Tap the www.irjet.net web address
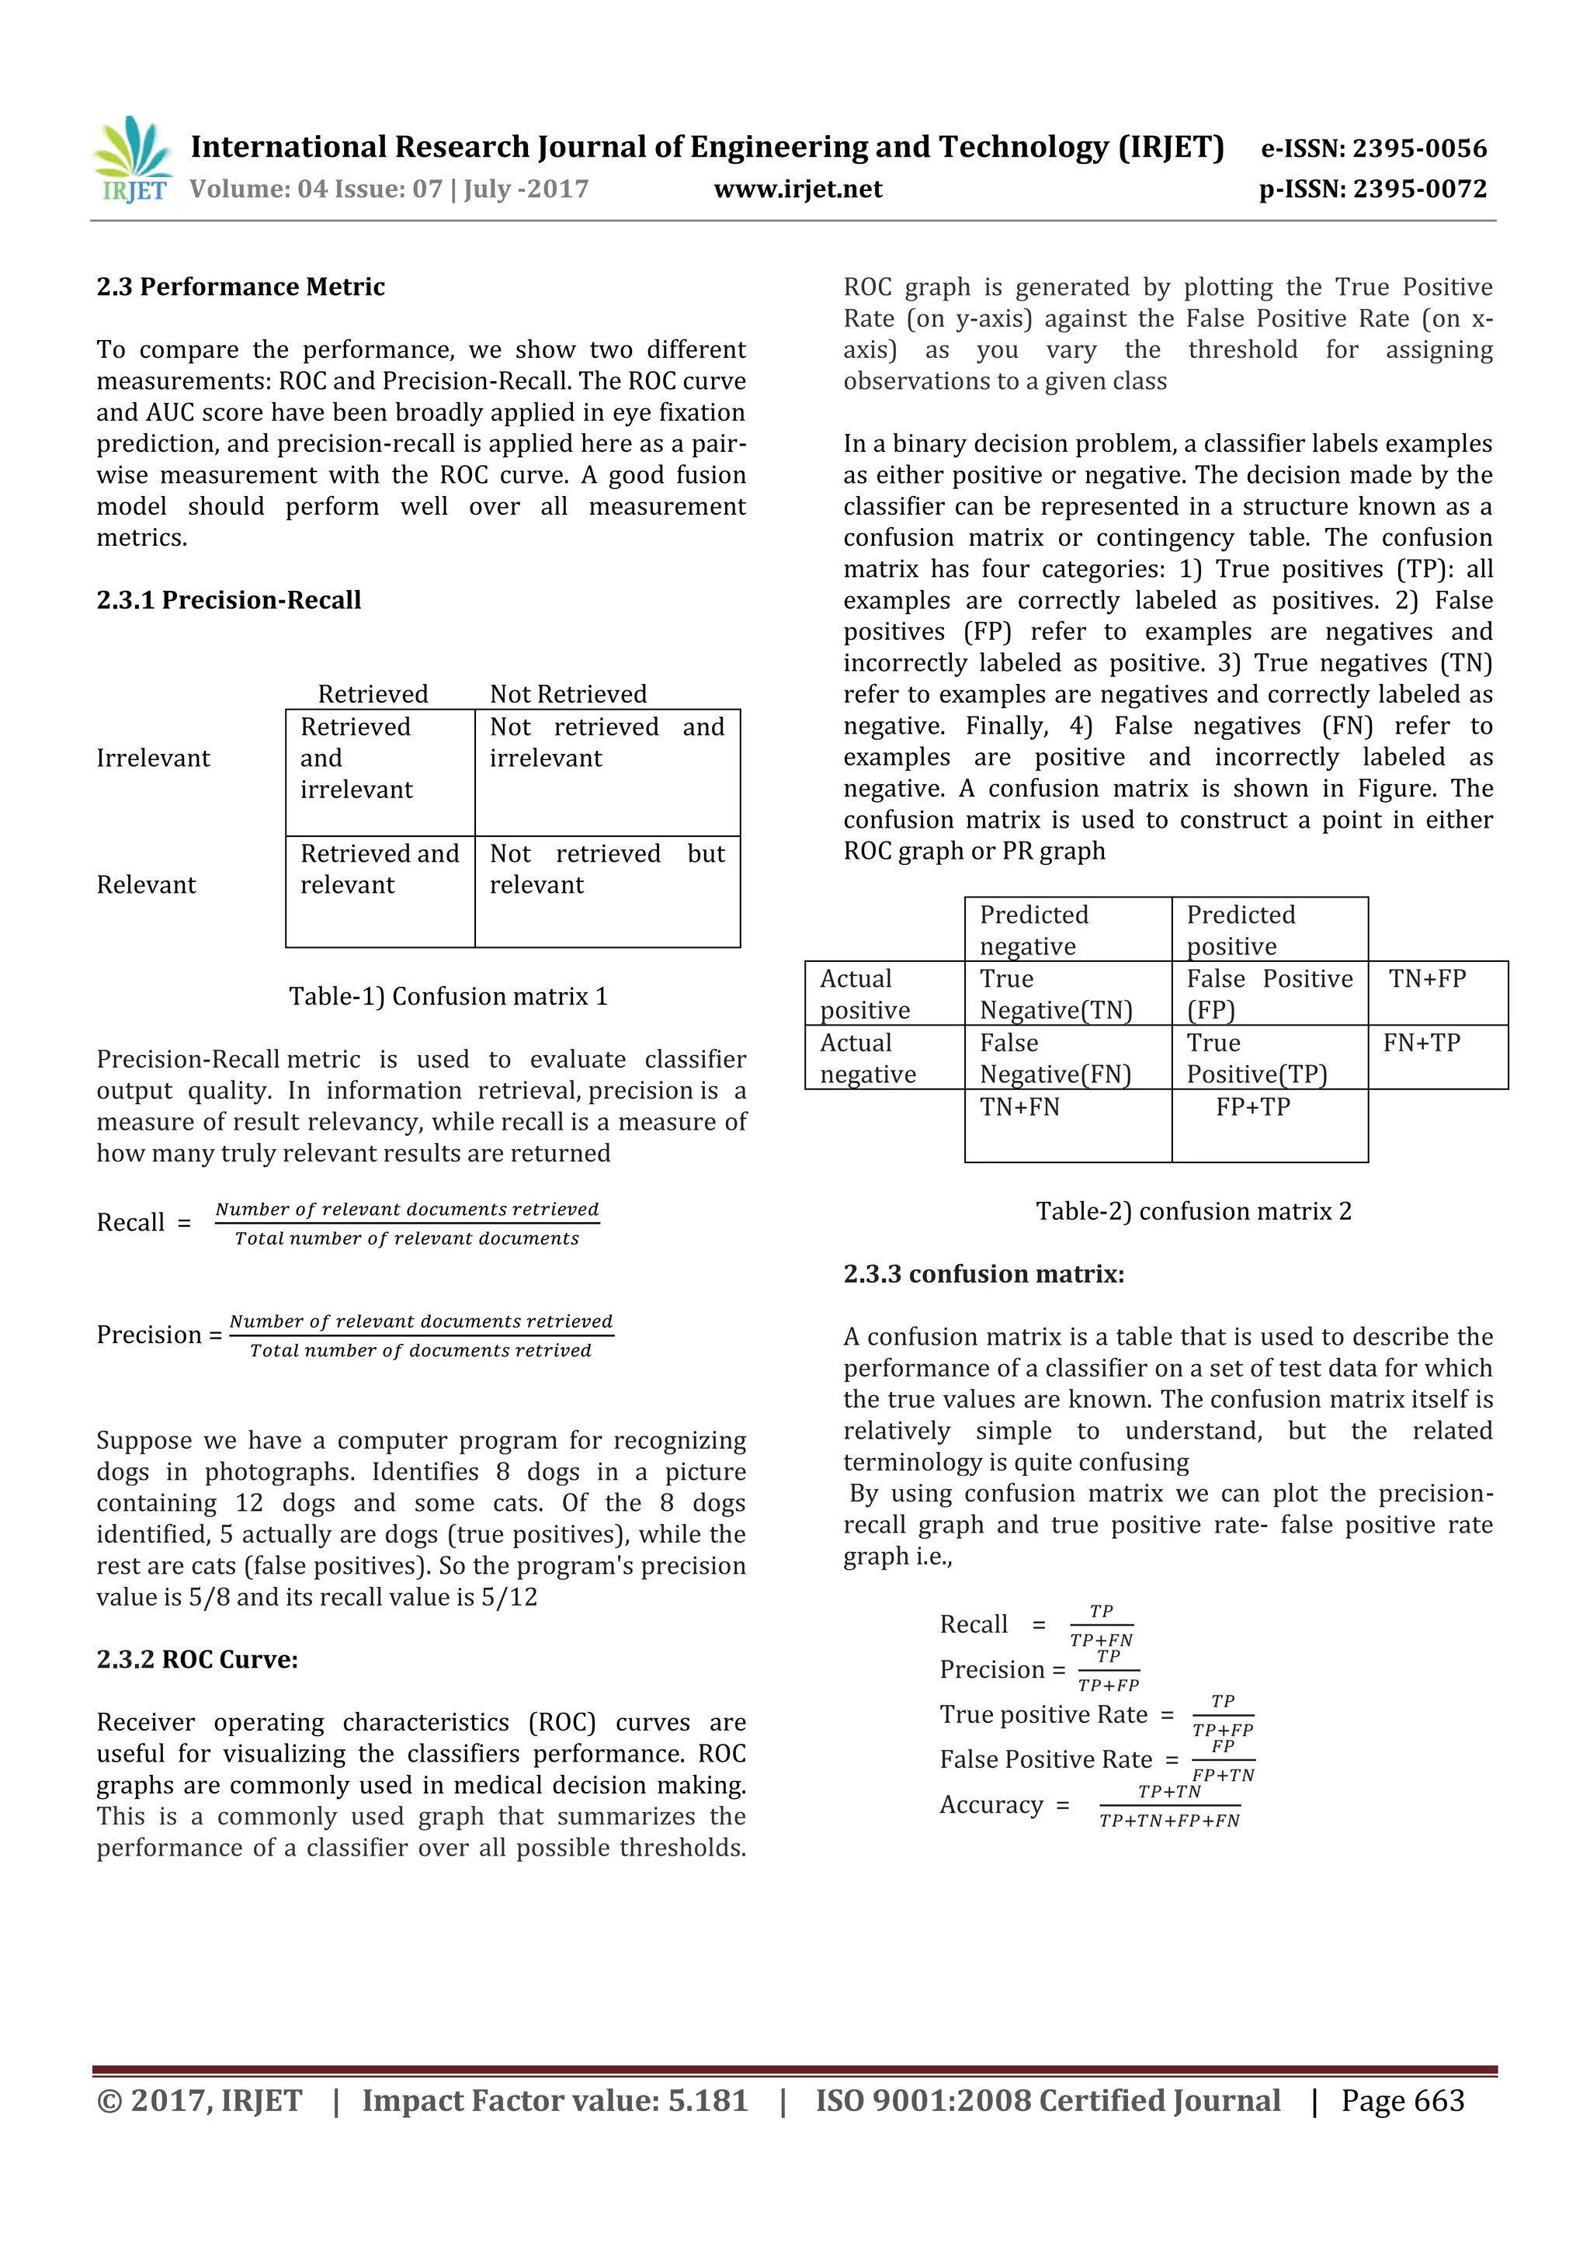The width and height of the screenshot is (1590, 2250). [x=797, y=189]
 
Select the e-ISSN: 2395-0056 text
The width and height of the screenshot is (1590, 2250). [x=1373, y=149]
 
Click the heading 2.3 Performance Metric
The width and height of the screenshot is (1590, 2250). [x=240, y=287]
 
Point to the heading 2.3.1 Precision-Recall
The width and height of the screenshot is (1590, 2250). [x=228, y=599]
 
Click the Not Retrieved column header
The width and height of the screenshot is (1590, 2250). [x=568, y=694]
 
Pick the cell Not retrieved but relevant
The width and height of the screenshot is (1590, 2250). [x=606, y=870]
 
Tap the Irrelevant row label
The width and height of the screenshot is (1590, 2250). [x=153, y=759]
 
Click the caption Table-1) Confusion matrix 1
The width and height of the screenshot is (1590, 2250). [x=448, y=997]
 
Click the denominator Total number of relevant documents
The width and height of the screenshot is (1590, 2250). [x=407, y=1238]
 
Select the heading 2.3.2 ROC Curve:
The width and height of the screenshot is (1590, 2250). [x=197, y=1659]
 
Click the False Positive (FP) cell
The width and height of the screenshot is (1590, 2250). [x=1269, y=994]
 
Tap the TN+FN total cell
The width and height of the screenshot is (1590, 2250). [x=1020, y=1107]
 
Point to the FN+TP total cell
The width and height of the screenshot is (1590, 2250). [x=1421, y=1043]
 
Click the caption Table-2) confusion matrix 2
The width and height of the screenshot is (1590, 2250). [x=1193, y=1211]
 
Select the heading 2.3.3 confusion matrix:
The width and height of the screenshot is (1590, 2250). [x=984, y=1274]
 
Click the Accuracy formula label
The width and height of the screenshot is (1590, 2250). [x=991, y=1805]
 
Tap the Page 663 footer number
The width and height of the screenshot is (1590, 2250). [x=1402, y=2101]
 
